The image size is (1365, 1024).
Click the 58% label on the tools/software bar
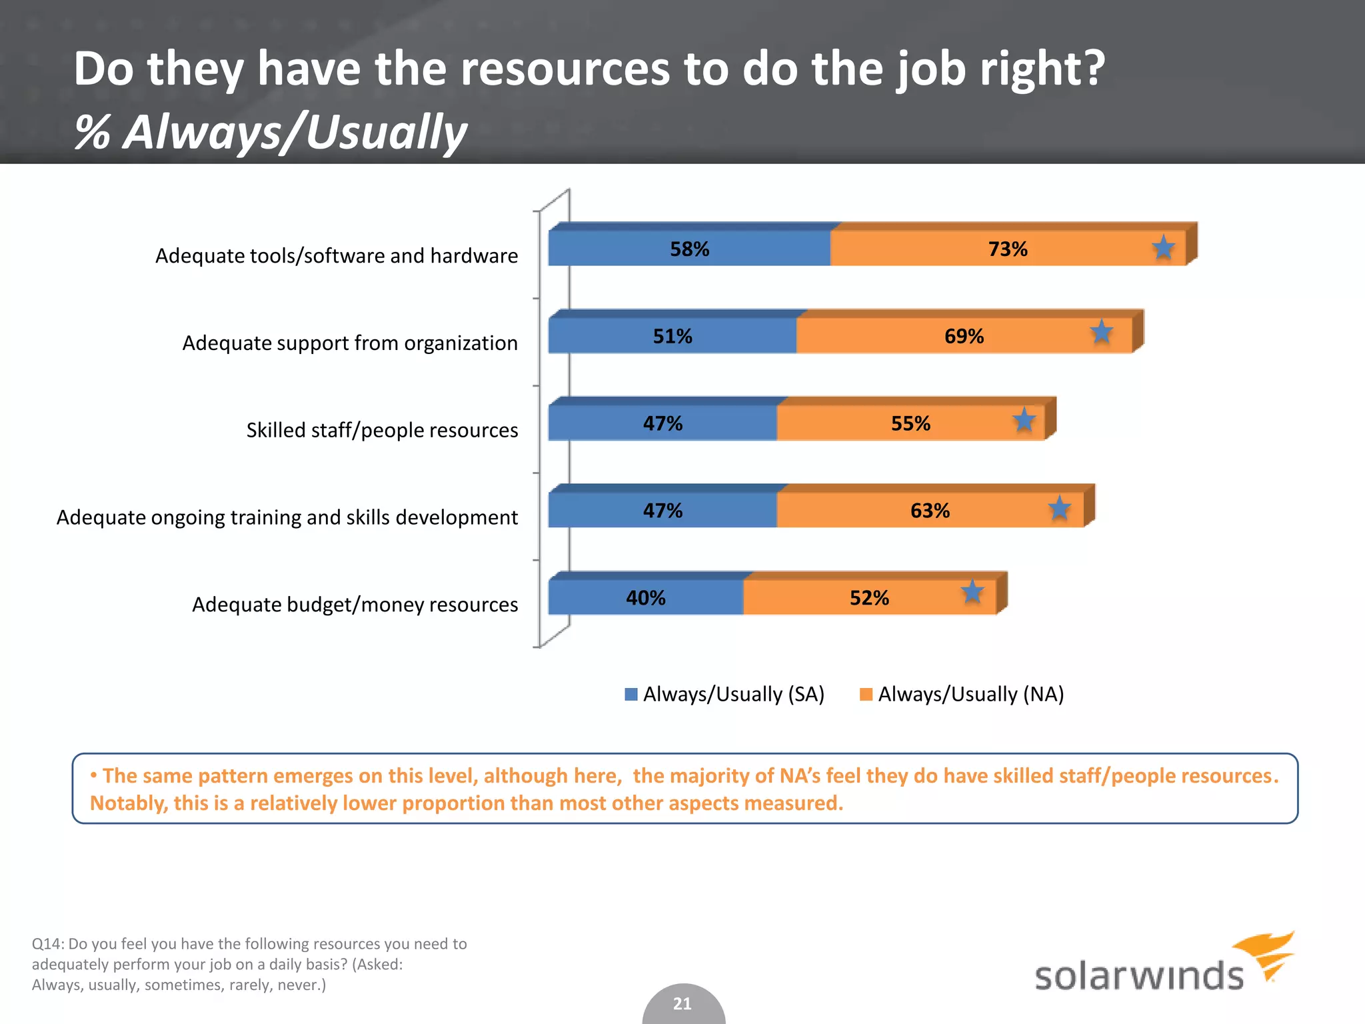pos(689,249)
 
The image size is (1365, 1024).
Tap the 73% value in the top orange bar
pos(1007,249)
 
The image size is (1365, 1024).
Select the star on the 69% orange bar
pos(1101,331)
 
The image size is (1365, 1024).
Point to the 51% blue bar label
pos(672,336)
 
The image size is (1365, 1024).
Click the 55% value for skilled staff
pos(910,423)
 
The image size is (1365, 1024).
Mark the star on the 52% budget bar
pos(972,591)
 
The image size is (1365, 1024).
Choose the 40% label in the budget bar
pos(645,598)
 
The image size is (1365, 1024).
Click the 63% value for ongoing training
pos(930,511)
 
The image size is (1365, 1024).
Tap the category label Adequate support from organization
pos(350,343)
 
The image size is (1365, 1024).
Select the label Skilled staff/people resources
pos(382,430)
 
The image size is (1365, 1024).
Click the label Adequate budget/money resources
pos(355,605)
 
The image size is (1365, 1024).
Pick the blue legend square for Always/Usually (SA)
pos(631,695)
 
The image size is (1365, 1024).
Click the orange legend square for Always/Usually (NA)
pos(866,695)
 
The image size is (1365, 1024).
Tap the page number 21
pos(682,1003)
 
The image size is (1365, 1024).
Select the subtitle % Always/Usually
pos(271,132)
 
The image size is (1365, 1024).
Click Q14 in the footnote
pos(47,944)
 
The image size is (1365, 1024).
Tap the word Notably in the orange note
pos(128,803)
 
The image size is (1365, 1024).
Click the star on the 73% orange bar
pos(1163,248)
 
